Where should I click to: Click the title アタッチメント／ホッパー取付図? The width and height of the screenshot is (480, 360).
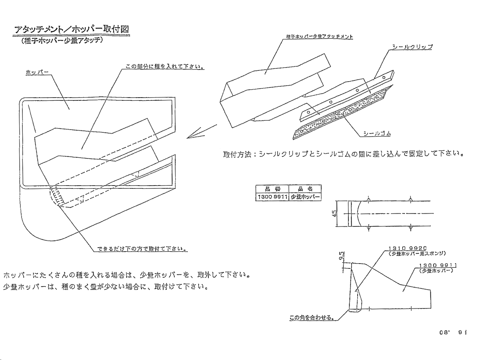pos(72,30)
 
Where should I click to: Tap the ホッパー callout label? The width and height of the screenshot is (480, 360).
pos(37,72)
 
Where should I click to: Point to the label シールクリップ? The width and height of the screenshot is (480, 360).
pos(412,47)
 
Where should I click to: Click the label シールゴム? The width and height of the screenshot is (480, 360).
pos(376,134)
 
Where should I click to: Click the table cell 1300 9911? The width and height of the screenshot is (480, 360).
pos(272,196)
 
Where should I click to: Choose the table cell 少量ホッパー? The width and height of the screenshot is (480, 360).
pos(305,196)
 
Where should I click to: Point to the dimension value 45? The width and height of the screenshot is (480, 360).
pos(336,213)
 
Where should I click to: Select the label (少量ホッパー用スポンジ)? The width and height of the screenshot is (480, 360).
pos(416,254)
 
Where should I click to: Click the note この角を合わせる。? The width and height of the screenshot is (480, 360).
pos(312,318)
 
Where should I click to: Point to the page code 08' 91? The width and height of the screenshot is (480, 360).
pos(454,332)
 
